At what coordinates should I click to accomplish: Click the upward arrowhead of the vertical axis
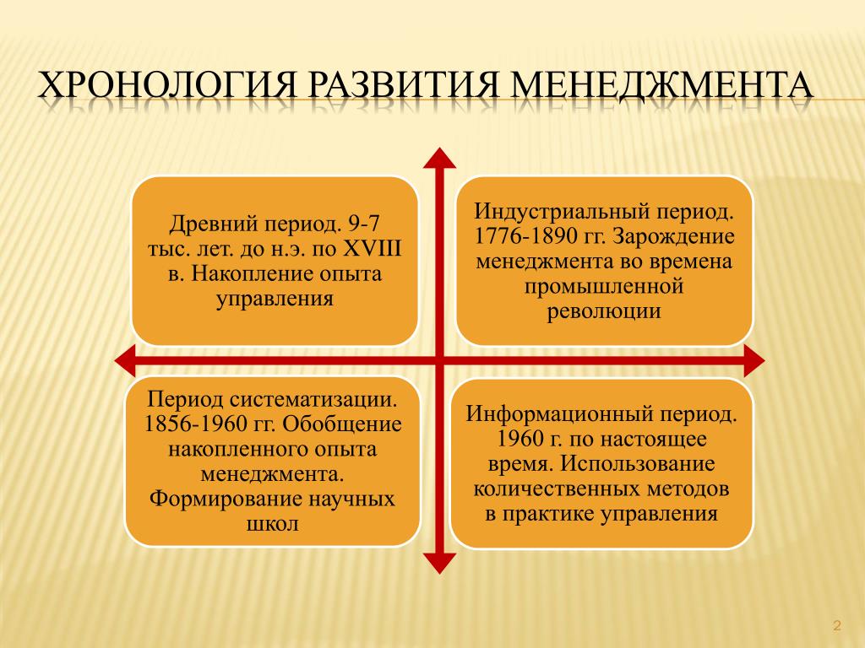click(439, 158)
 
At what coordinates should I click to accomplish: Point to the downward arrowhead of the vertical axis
click(439, 563)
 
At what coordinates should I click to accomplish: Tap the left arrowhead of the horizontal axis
click(125, 361)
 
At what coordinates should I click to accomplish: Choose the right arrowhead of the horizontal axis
click(754, 361)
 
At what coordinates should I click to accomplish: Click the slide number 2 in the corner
click(837, 625)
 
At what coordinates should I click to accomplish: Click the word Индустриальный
click(561, 212)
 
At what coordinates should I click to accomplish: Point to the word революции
click(604, 311)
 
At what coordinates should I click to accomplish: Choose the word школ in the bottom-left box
click(273, 523)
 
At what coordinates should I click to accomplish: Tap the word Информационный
click(554, 413)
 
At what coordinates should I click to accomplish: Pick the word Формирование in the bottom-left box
click(225, 499)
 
